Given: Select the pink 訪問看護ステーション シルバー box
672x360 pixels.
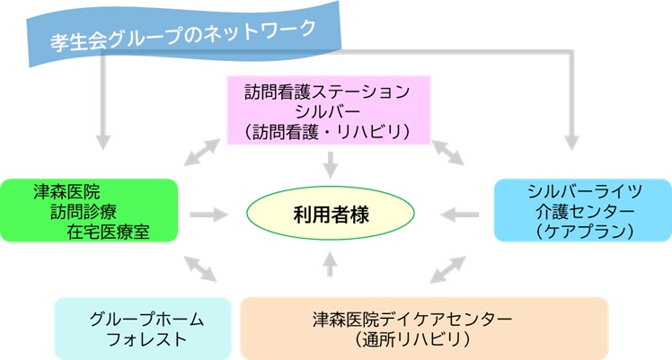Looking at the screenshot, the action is [x=328, y=110].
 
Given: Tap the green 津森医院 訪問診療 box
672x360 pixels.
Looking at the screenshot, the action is [x=89, y=210].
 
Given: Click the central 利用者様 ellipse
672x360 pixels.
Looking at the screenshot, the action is [x=331, y=213].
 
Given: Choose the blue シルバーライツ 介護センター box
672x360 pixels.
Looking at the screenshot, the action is [x=583, y=210].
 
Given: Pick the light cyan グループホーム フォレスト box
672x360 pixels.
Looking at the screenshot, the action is [x=143, y=329].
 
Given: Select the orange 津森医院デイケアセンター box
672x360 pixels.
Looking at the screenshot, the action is [x=424, y=329].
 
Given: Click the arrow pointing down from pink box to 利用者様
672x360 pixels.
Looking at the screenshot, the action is [x=330, y=165].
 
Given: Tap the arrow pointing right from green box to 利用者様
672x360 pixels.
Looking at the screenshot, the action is [x=208, y=215].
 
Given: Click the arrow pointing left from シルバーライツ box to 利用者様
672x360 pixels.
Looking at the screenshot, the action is [x=459, y=215].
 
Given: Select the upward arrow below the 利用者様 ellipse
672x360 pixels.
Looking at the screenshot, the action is [x=330, y=264].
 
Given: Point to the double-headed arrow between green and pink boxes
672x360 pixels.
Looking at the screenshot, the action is [x=202, y=152].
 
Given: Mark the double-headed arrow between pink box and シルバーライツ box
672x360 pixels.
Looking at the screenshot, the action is [x=447, y=153].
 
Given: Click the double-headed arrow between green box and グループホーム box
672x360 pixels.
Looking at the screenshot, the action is [x=200, y=268].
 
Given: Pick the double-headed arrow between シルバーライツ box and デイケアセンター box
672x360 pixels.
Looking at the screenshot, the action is [x=447, y=269].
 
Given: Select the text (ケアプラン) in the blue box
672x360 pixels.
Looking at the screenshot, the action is [x=585, y=232].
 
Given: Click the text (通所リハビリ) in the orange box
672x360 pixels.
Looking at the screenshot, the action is [x=412, y=339].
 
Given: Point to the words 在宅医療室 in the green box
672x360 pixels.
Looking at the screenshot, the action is [x=108, y=232].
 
